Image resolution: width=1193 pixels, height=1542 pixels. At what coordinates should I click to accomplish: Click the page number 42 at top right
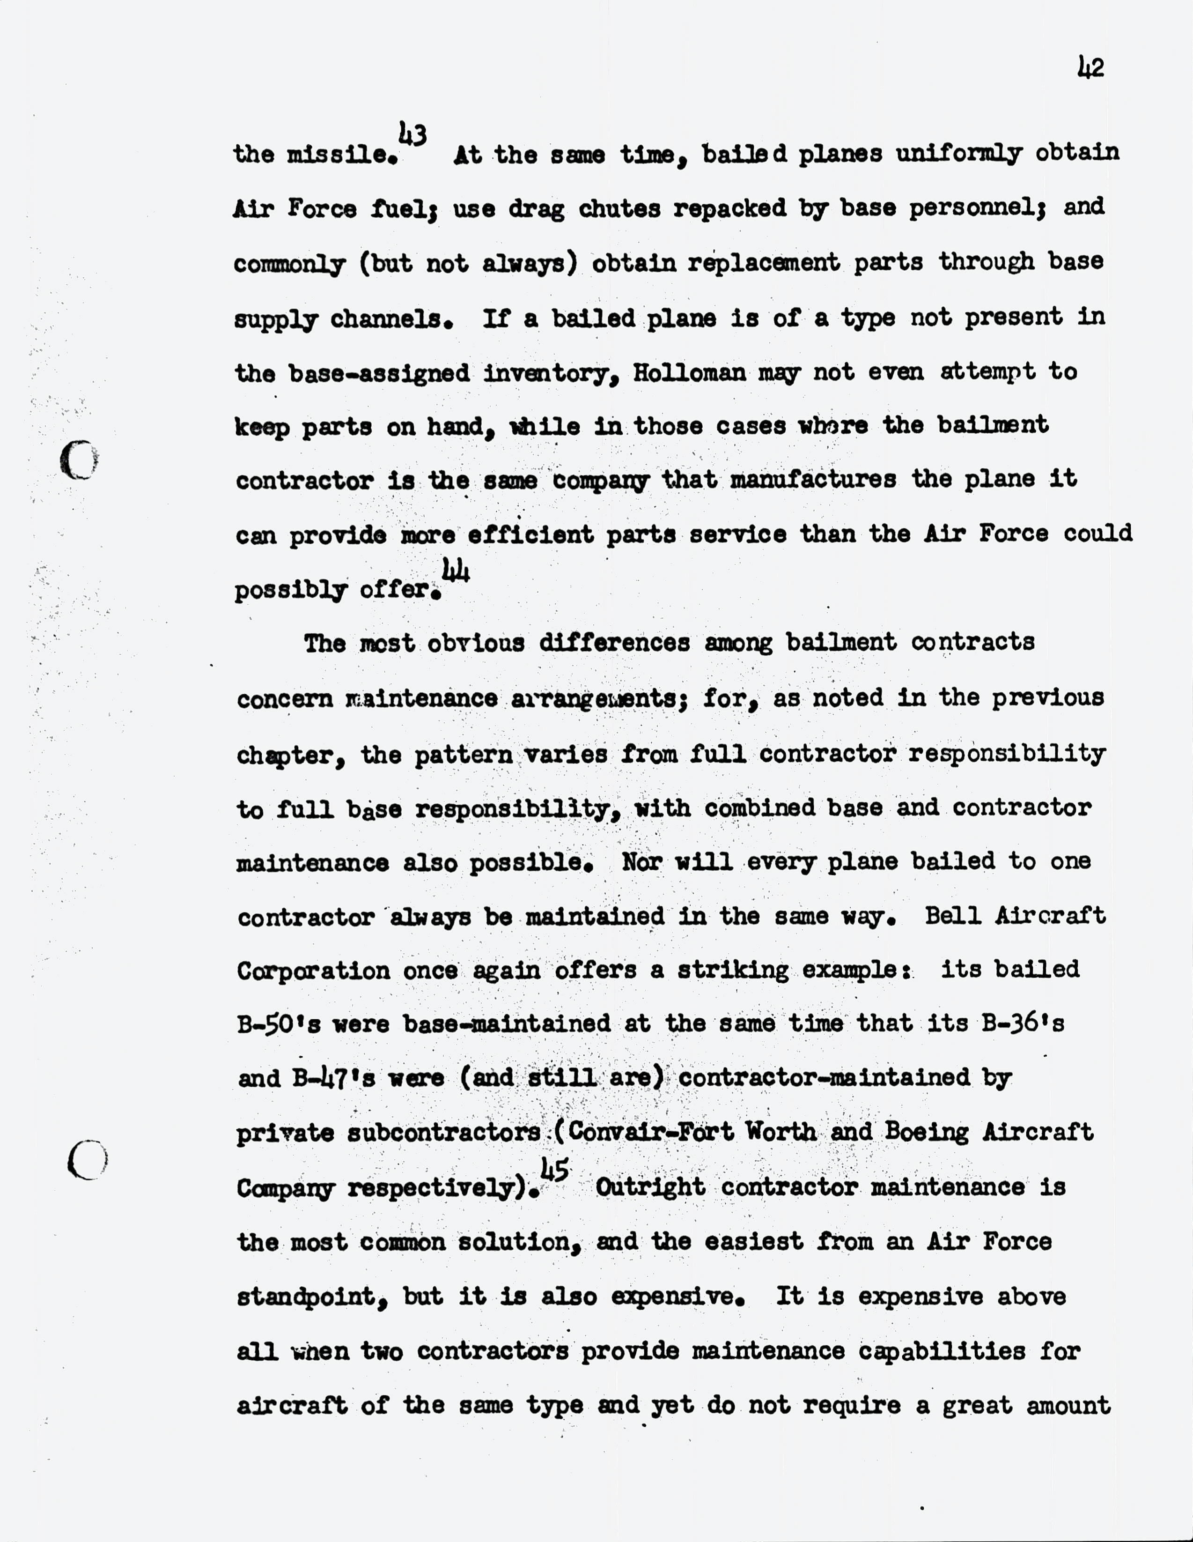pos(1090,68)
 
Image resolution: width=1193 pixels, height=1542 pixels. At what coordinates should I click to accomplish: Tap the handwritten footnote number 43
pos(412,134)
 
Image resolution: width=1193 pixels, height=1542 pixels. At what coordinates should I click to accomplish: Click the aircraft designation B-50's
pos(279,1024)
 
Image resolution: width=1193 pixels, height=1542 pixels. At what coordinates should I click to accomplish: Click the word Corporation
pos(313,971)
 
